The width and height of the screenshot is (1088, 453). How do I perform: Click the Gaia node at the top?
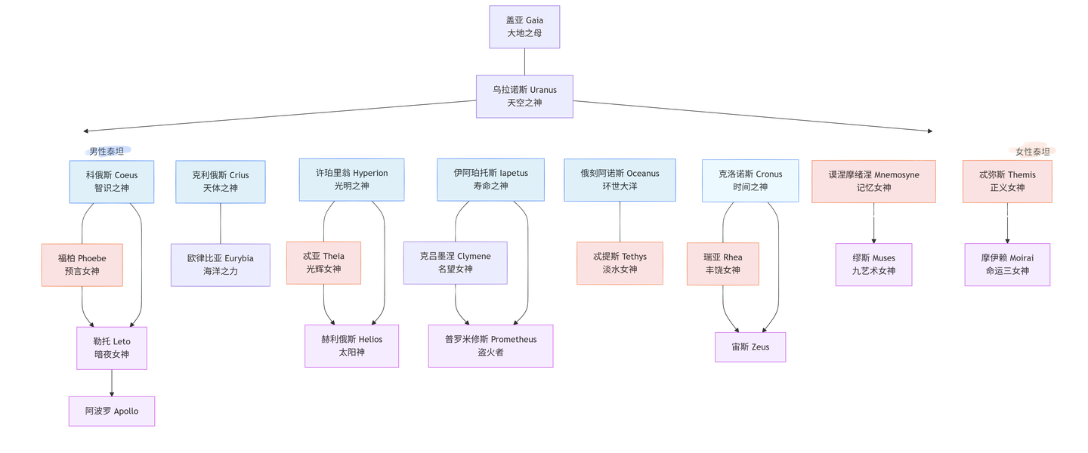[x=524, y=27]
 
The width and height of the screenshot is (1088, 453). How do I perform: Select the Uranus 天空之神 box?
[x=524, y=96]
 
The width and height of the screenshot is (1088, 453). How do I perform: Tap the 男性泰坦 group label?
[x=107, y=151]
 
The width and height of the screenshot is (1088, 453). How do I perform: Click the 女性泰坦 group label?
[x=1032, y=151]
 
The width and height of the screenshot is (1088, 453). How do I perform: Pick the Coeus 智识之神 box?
[x=112, y=181]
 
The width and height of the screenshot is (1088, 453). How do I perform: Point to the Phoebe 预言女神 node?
[x=82, y=265]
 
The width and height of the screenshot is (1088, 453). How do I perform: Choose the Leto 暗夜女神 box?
[x=112, y=348]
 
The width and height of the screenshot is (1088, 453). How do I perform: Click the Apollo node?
[x=112, y=411]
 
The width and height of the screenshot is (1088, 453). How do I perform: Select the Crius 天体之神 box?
[x=221, y=181]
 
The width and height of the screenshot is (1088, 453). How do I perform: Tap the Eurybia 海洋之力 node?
[x=221, y=264]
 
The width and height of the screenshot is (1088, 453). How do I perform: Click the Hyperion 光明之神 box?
[x=351, y=180]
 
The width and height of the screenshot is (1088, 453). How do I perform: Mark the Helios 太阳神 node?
[x=351, y=346]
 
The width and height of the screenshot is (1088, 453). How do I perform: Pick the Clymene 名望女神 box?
[x=455, y=263]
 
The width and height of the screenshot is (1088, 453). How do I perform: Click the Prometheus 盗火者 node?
[x=490, y=346]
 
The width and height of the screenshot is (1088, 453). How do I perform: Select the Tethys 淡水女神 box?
[x=620, y=263]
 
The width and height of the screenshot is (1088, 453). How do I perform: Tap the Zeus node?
[x=750, y=347]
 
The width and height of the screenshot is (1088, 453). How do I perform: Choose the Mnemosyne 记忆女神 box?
[x=873, y=181]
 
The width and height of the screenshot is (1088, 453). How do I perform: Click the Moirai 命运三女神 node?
[x=1007, y=264]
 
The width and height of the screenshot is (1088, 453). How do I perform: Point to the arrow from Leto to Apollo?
[x=112, y=384]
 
